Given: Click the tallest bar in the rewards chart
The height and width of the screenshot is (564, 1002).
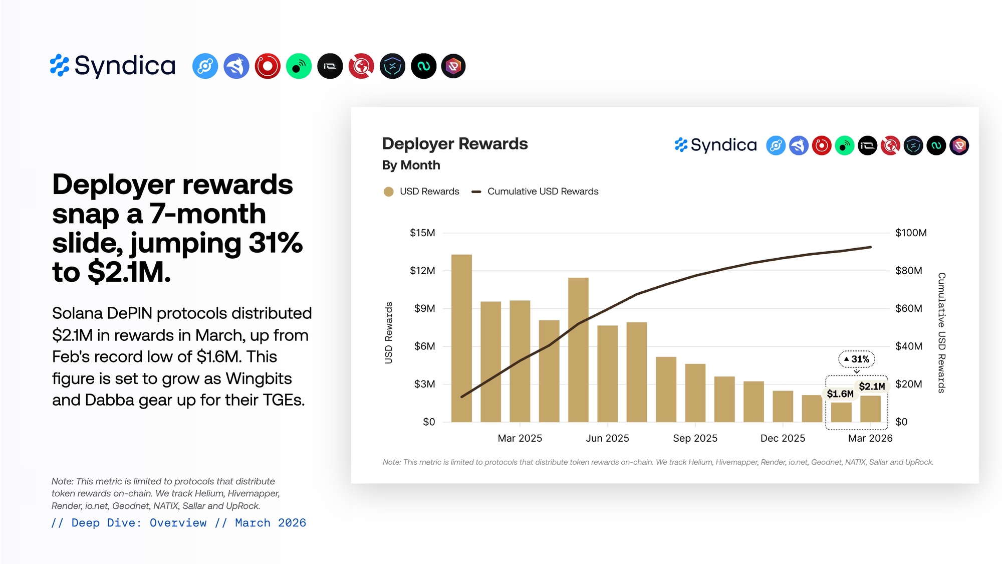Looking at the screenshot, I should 461,338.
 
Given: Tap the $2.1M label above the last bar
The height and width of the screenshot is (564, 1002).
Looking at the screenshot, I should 872,387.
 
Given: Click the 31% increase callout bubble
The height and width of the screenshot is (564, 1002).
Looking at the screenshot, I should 857,359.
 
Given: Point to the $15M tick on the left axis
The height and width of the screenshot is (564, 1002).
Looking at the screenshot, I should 422,233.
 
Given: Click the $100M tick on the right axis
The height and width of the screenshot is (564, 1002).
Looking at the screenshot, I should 911,233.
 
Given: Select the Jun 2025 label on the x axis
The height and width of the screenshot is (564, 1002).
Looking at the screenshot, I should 607,438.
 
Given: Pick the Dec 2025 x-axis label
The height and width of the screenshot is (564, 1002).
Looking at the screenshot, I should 783,438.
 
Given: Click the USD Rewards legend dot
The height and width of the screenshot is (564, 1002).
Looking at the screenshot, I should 388,192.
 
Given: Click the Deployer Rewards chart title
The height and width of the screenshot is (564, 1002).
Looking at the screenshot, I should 455,144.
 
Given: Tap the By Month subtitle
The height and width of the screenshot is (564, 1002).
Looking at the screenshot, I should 411,165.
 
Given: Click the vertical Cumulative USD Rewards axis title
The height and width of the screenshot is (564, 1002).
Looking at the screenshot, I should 942,332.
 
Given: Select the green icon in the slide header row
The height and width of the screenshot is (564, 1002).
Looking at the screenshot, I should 299,66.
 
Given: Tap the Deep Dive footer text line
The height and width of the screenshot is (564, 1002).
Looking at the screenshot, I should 178,523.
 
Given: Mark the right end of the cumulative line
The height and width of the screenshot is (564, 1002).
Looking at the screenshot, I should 871,247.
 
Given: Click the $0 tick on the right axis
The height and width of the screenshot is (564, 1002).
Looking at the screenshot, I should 901,422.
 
